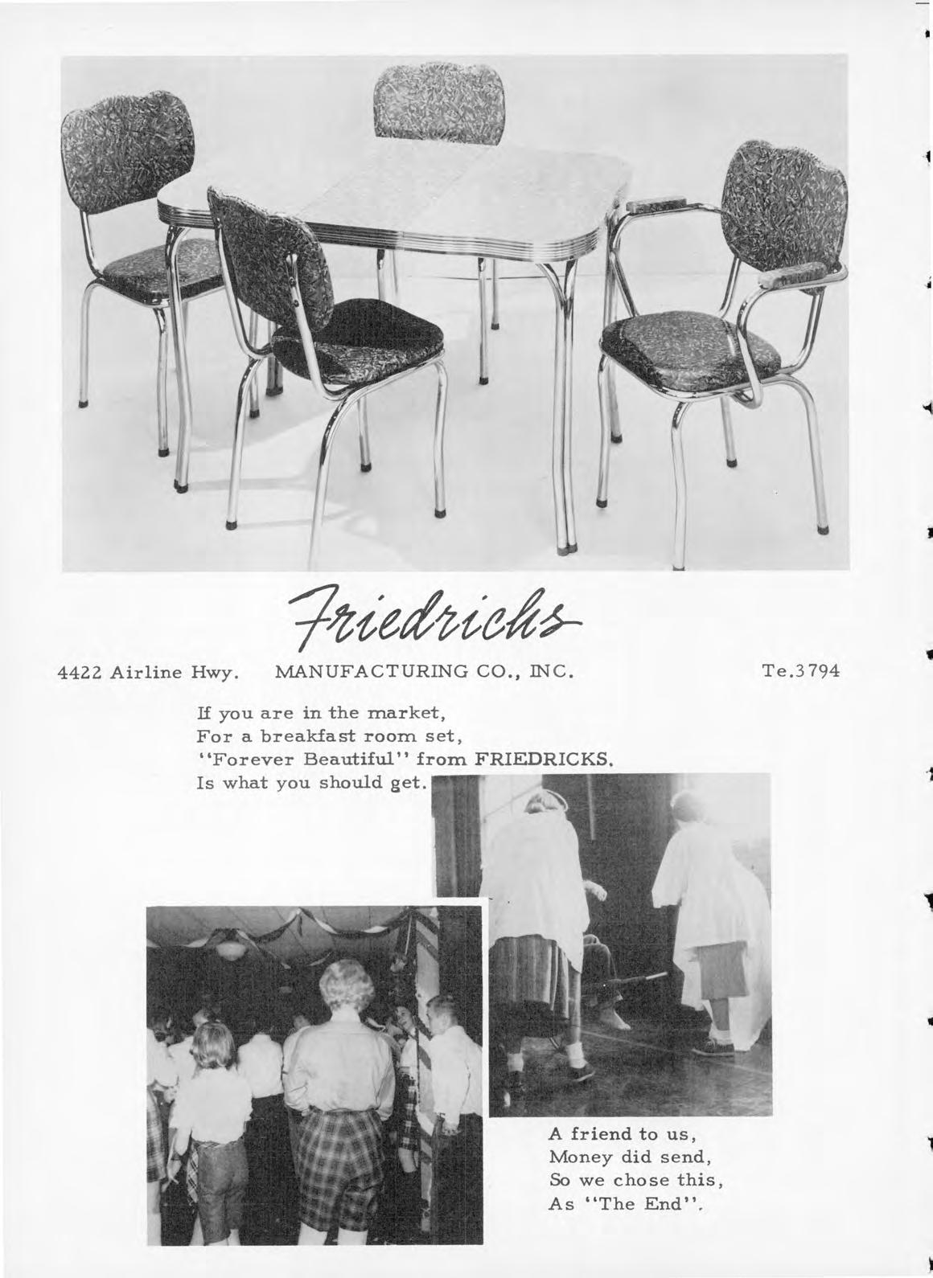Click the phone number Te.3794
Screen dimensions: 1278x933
click(801, 670)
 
